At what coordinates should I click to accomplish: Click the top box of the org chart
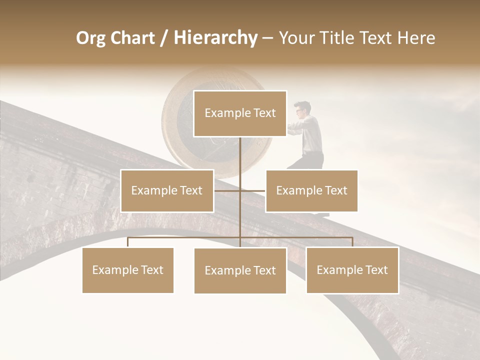240,113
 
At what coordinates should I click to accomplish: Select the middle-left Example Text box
167,190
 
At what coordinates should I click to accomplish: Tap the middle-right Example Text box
311,190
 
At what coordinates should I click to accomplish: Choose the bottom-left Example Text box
127,270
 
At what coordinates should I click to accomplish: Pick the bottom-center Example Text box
240,270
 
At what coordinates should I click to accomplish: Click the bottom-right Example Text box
352,270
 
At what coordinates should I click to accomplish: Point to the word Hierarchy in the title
215,38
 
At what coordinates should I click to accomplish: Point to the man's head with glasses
302,108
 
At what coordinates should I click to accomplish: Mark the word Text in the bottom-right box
376,270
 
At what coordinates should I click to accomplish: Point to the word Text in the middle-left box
190,190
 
